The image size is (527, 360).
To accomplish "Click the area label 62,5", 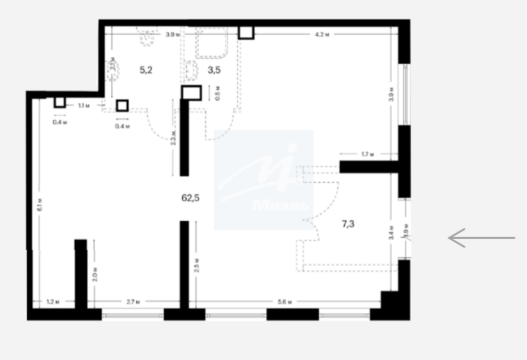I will tap(191, 197).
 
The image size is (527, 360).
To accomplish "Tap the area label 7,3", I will tap(348, 224).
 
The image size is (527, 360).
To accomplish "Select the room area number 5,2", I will tap(146, 70).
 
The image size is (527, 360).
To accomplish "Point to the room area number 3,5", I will tap(214, 70).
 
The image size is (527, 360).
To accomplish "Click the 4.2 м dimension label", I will tap(322, 35).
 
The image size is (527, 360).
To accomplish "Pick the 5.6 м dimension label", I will tap(285, 302).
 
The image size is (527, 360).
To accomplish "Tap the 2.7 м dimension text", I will tap(133, 302).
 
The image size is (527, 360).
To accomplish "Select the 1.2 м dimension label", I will tap(53, 302).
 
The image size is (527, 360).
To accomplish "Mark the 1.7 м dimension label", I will tap(367, 154).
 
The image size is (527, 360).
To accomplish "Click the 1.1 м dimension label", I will tap(84, 106).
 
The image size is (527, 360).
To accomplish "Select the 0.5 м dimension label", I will tap(218, 94).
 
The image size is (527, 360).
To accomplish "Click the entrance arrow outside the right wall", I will tap(481, 238).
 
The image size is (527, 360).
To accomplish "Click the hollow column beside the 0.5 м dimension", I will tap(191, 92).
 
